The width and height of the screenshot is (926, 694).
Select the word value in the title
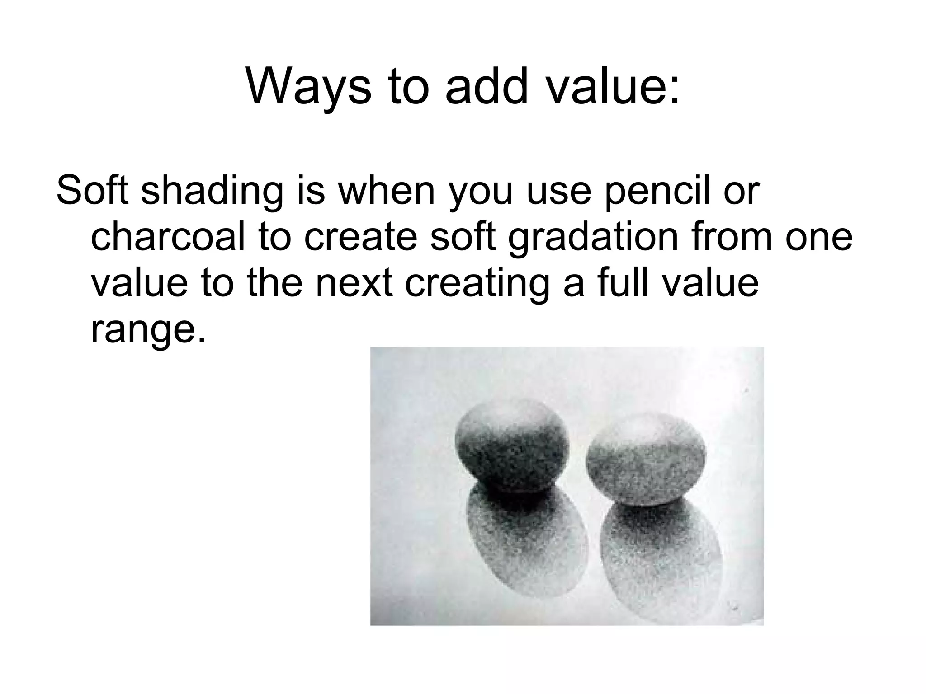(612, 86)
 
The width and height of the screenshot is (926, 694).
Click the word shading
(210, 191)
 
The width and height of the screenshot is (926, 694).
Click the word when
(386, 191)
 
